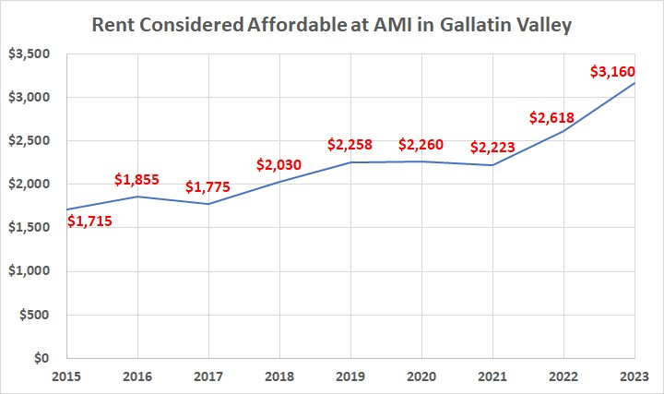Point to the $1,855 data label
click(139, 181)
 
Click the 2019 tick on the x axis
click(350, 377)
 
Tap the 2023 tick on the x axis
click(635, 377)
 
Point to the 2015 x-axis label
click(66, 377)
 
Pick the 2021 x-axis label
click(493, 377)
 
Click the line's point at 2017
click(208, 204)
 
